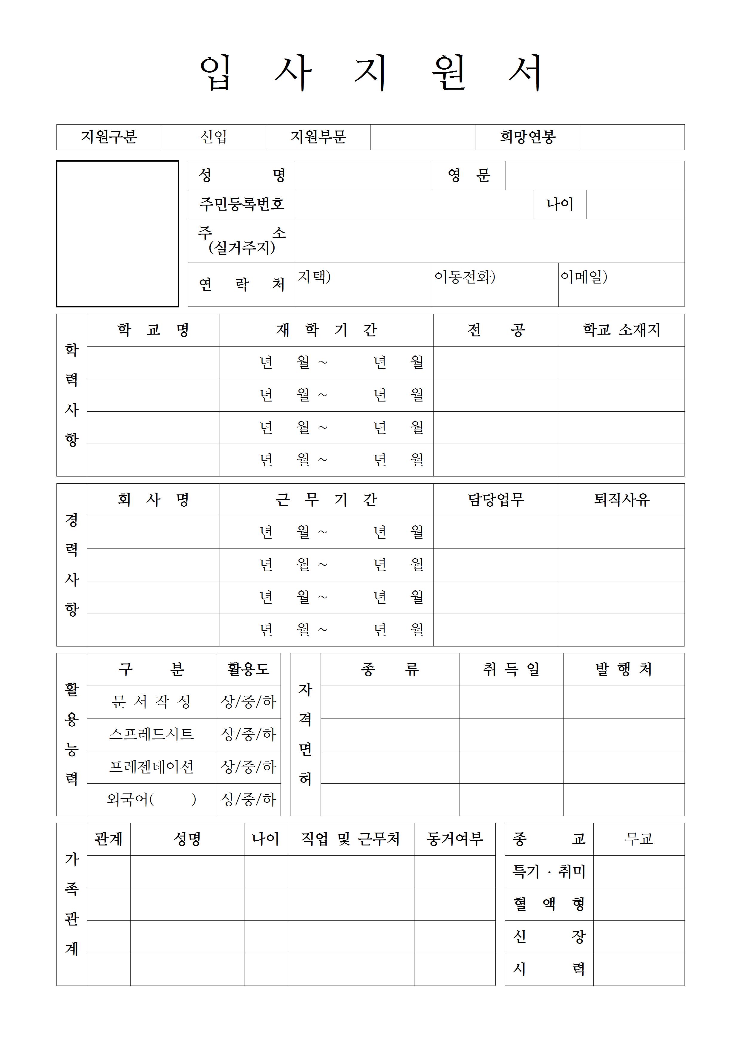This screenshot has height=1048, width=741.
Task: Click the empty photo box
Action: click(x=117, y=233)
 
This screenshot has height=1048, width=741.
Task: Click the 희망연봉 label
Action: click(x=527, y=137)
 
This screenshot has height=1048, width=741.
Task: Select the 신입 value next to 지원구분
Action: click(x=213, y=137)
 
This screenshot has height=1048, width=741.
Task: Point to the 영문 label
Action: click(x=469, y=175)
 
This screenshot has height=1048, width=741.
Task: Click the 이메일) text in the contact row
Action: click(x=584, y=277)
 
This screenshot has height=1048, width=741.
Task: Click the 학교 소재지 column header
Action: click(x=621, y=330)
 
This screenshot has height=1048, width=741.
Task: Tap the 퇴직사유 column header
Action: click(x=621, y=500)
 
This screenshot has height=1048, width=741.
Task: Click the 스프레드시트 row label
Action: click(x=151, y=734)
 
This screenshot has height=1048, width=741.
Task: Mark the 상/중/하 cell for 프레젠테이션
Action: click(x=248, y=767)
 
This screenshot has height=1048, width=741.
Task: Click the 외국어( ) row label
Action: click(x=151, y=799)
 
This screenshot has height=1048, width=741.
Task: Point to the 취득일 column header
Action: click(x=511, y=669)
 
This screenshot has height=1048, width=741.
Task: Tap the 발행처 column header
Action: click(x=623, y=669)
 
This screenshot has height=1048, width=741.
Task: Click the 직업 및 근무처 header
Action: click(x=350, y=839)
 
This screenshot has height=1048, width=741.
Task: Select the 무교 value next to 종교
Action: click(x=639, y=839)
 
